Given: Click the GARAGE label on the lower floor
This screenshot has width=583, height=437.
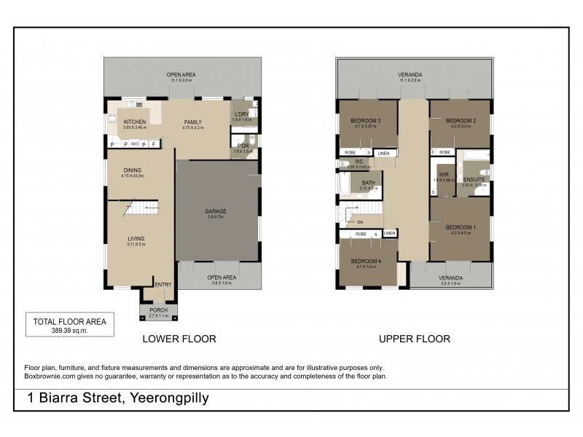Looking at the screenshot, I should tap(215, 211).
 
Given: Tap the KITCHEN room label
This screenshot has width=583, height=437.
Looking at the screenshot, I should tap(135, 122).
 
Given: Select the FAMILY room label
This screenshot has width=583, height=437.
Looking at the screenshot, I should tap(192, 122).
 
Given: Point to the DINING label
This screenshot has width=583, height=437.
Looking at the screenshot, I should tap(133, 170).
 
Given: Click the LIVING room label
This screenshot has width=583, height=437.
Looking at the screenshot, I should tap(136, 238).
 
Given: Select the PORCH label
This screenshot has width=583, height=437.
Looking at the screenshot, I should tap(158, 310).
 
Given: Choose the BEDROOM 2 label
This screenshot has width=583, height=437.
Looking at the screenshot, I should tap(461, 120).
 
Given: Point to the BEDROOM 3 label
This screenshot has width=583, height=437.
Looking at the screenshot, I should tap(367, 120).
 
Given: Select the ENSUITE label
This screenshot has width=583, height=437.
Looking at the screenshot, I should tap(474, 179).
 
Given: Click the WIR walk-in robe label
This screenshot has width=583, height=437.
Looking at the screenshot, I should tap(443, 175).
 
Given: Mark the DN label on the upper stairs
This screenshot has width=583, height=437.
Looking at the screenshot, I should tap(360, 221).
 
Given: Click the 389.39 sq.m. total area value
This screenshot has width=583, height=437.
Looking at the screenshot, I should tap(69, 330).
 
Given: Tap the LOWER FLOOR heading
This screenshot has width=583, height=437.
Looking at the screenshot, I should tap(179, 339).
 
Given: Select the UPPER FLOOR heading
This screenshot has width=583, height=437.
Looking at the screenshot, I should tap(414, 339).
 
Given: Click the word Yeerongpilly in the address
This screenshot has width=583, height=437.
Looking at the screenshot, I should tap(169, 398).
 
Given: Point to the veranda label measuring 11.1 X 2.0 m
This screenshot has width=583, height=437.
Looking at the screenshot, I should tap(410, 75).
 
